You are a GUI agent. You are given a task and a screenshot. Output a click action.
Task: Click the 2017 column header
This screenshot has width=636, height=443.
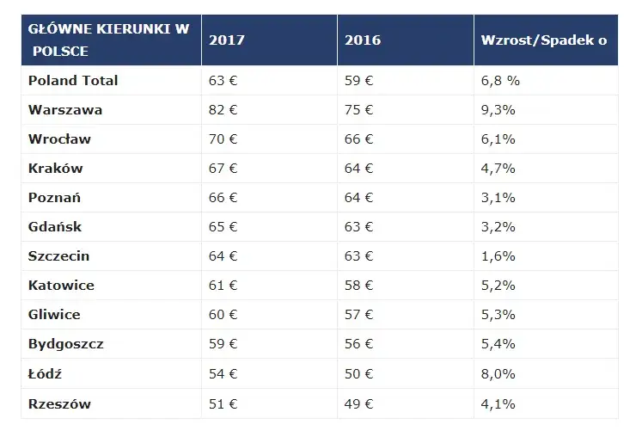(226, 40)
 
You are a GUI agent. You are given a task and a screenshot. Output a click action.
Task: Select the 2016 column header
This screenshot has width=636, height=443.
(362, 40)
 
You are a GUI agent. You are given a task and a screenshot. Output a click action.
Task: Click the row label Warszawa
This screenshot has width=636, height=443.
(64, 110)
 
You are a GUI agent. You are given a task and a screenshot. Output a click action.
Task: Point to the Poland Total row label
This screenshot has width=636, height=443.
(72, 81)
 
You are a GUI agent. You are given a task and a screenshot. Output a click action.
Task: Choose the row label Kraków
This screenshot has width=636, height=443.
(55, 169)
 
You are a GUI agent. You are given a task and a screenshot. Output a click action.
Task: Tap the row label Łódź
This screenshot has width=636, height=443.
(45, 374)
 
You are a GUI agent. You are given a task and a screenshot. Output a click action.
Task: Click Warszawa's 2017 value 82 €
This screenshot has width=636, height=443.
(223, 110)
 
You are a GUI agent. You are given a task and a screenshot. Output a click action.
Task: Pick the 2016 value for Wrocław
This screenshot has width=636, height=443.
(358, 139)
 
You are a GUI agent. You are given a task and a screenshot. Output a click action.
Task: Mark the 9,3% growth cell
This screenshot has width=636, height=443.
(498, 110)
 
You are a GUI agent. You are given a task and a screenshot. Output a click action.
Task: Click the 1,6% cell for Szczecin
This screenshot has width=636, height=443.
(498, 256)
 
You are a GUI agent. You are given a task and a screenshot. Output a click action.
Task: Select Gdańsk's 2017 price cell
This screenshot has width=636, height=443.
(223, 227)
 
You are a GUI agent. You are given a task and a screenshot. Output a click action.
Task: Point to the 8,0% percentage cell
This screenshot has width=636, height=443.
(498, 374)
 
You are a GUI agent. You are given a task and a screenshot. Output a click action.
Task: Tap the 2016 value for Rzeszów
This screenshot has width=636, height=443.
(358, 403)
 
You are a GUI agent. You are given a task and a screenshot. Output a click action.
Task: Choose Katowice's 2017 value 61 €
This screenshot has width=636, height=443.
(223, 286)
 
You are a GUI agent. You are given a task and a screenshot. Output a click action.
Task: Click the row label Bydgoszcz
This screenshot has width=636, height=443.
(65, 344)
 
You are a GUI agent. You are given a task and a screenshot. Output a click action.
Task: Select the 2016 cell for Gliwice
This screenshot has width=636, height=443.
(358, 315)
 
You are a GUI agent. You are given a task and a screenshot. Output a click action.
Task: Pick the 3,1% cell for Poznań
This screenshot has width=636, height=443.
(498, 198)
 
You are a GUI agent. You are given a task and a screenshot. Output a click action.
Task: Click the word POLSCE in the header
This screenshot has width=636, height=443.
(60, 52)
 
